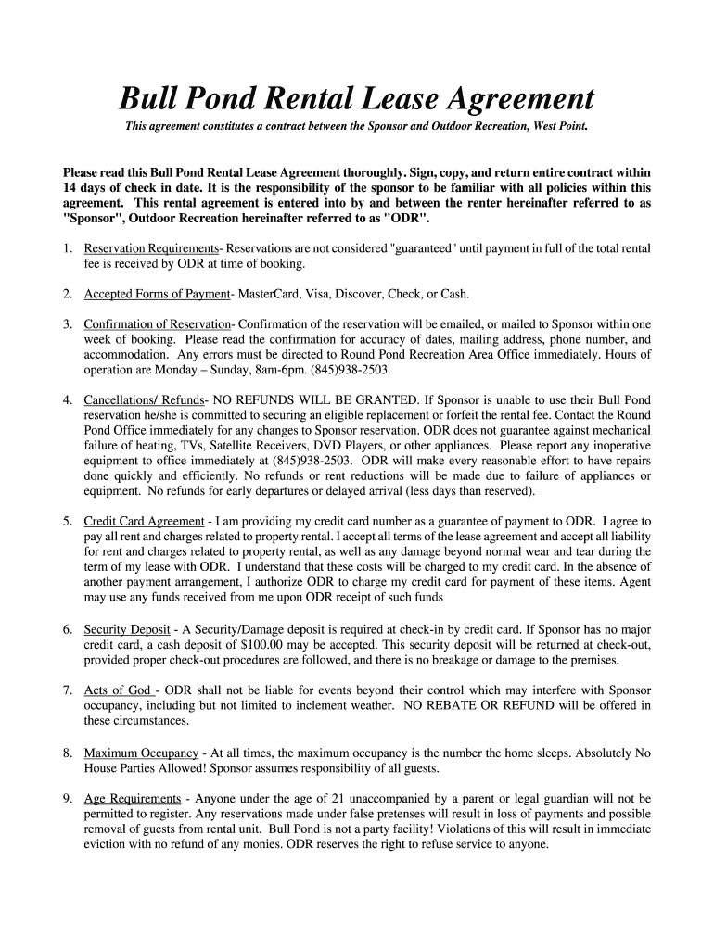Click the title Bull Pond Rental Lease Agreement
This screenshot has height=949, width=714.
pyautogui.click(x=357, y=98)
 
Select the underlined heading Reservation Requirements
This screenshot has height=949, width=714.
pyautogui.click(x=150, y=249)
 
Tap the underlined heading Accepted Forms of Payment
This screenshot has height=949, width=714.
pyautogui.click(x=156, y=294)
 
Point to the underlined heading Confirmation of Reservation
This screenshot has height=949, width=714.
pyautogui.click(x=157, y=324)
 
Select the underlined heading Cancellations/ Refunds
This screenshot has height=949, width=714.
pyautogui.click(x=136, y=399)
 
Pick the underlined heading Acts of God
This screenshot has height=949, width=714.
pyautogui.click(x=119, y=690)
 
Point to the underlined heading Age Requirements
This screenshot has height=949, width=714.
pyautogui.click(x=132, y=798)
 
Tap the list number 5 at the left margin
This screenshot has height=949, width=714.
pyautogui.click(x=68, y=522)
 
